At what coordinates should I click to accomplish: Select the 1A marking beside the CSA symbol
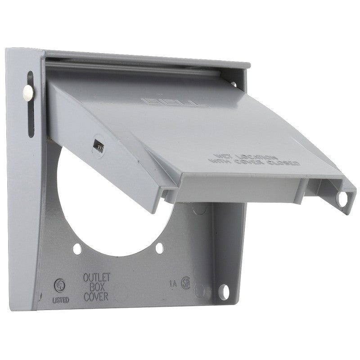[x=173, y=283]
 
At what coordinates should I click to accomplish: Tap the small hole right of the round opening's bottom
[x=159, y=247]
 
